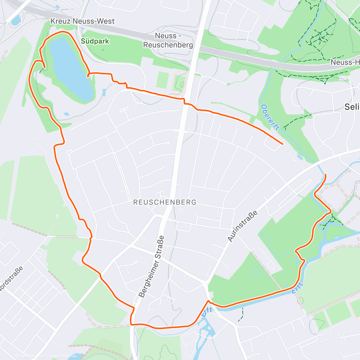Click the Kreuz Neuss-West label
[x=82, y=21]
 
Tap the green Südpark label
[x=95, y=41]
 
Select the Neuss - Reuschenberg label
[x=168, y=40]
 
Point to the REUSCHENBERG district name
[x=165, y=202]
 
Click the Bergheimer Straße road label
[x=152, y=266]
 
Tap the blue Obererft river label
[x=270, y=117]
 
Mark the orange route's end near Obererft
[x=282, y=144]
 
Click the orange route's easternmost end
[x=325, y=175]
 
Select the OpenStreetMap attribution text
[x=63, y=356]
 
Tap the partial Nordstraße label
[x=10, y=279]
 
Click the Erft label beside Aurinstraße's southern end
[x=207, y=312]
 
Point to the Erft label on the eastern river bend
[x=298, y=288]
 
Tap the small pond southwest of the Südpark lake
[x=66, y=114]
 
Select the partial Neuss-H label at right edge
[x=345, y=62]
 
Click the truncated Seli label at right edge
[x=352, y=107]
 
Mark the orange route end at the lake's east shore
[x=88, y=76]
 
